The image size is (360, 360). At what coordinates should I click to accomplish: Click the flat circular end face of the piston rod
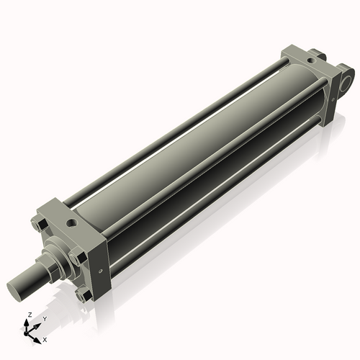[17, 289]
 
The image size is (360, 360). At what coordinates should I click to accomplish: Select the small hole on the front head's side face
[100, 271]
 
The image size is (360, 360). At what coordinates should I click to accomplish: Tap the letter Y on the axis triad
[44, 318]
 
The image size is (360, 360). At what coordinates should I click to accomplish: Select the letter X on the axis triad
[45, 338]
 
